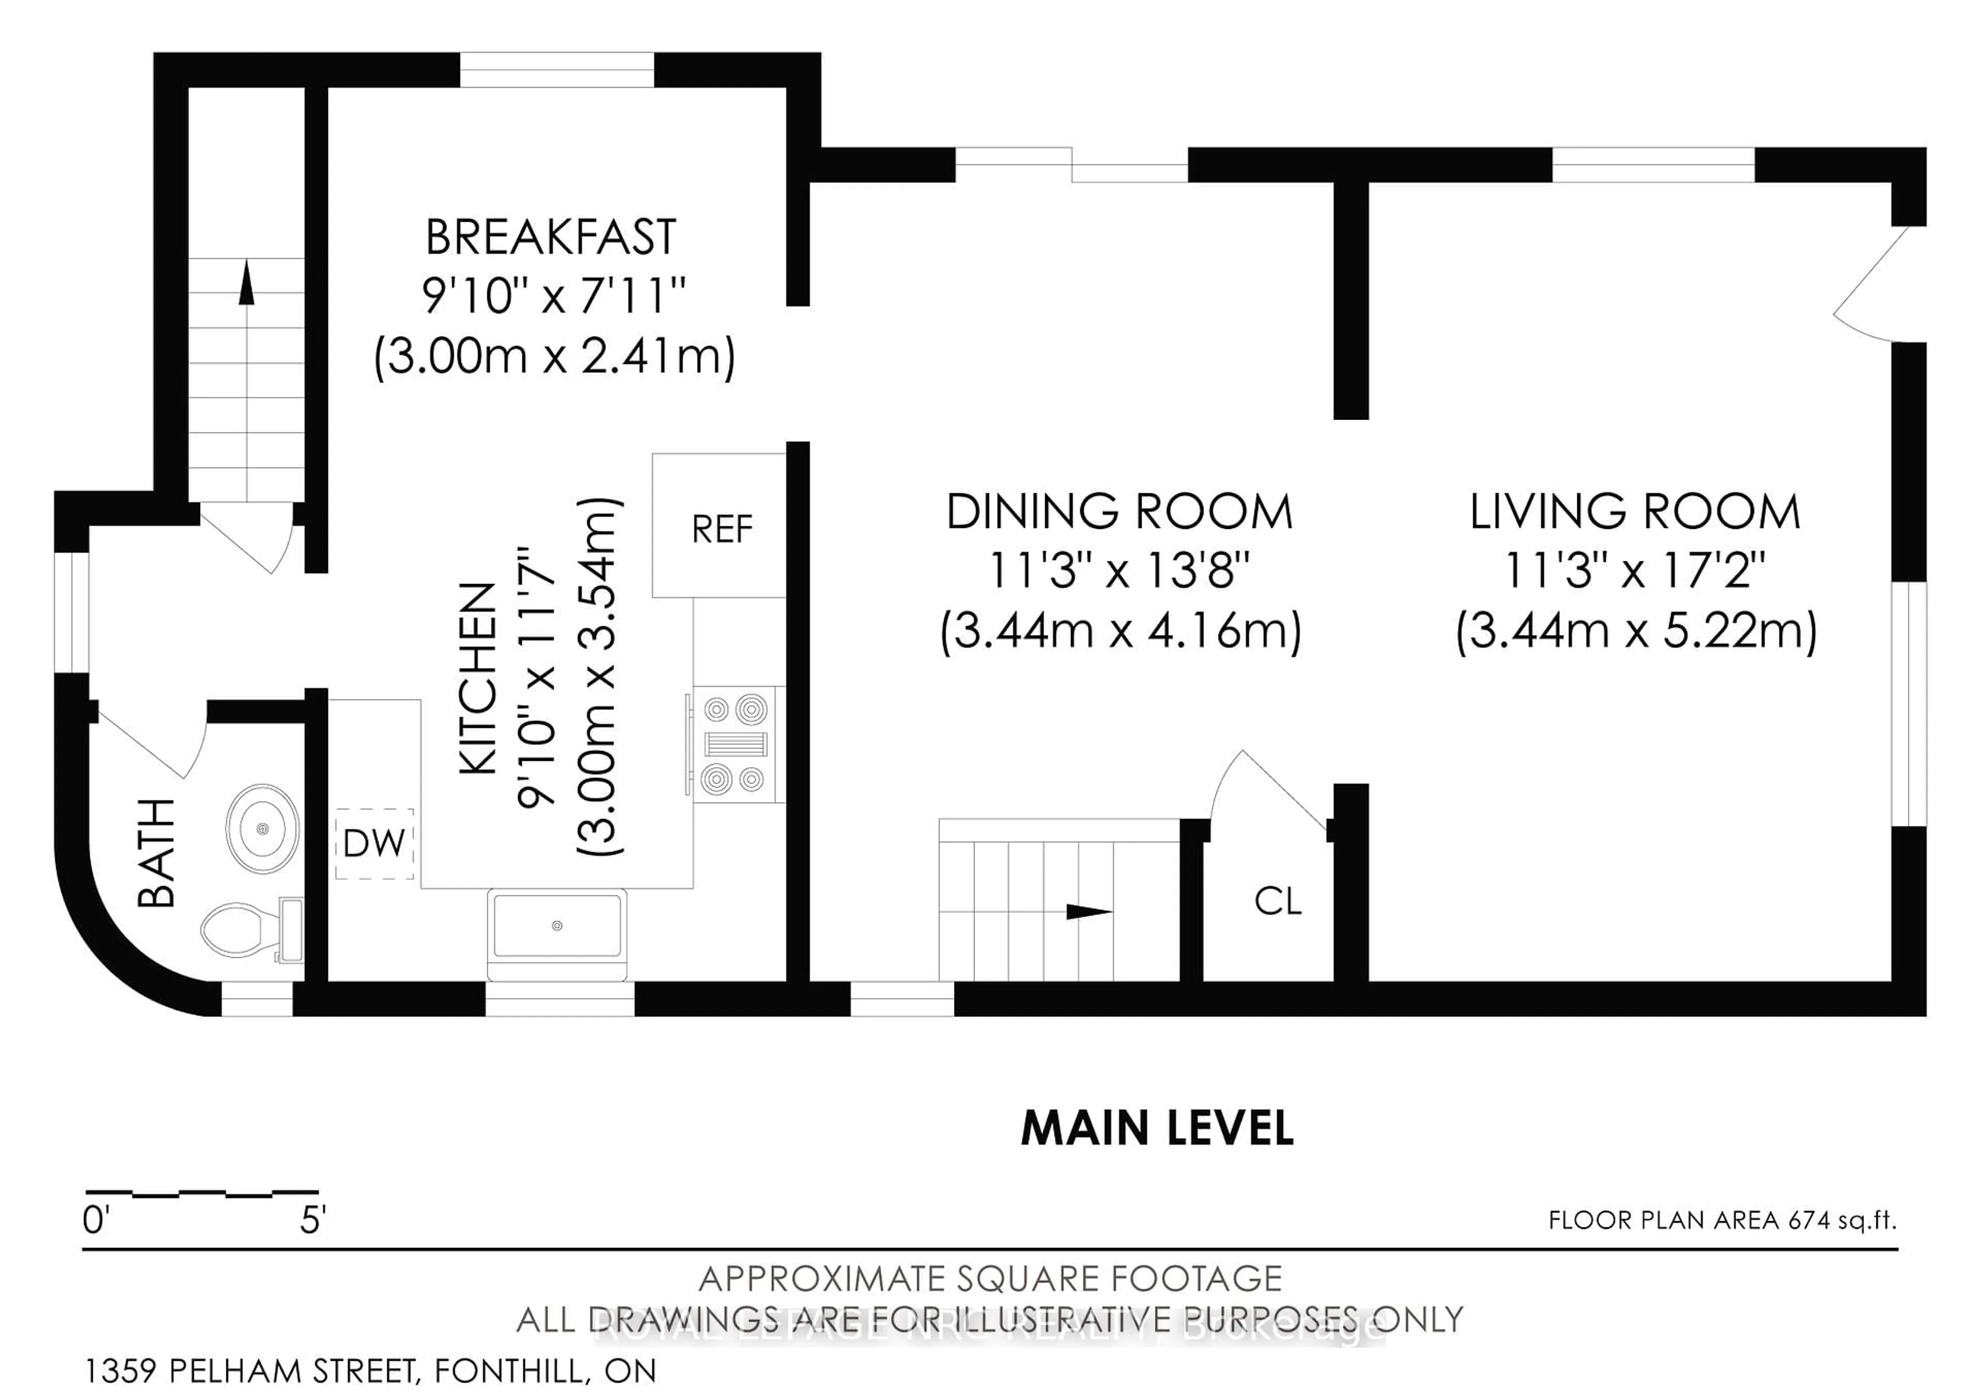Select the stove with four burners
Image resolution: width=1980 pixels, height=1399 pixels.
tap(736, 745)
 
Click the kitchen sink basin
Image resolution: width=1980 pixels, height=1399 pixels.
tap(556, 926)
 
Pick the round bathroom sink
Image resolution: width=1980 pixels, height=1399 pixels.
tap(262, 828)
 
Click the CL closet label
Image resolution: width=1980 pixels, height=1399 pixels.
tap(1277, 902)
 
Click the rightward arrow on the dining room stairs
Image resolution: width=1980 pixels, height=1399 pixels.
tap(1088, 912)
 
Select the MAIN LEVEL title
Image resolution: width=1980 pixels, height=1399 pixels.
tap(1157, 1128)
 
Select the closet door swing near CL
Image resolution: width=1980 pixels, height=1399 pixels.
tap(1268, 789)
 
